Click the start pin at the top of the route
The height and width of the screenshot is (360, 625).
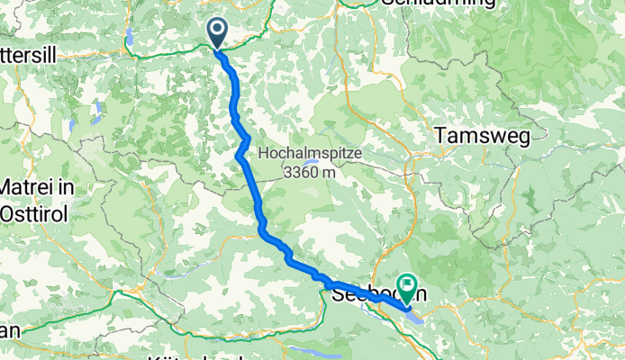tap(218, 32)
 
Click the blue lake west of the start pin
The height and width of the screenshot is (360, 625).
tap(131, 37)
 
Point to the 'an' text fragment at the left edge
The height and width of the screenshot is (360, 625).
tap(9, 329)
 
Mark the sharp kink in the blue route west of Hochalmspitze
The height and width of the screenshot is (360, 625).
tap(240, 156)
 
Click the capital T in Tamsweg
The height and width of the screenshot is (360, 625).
tap(441, 135)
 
